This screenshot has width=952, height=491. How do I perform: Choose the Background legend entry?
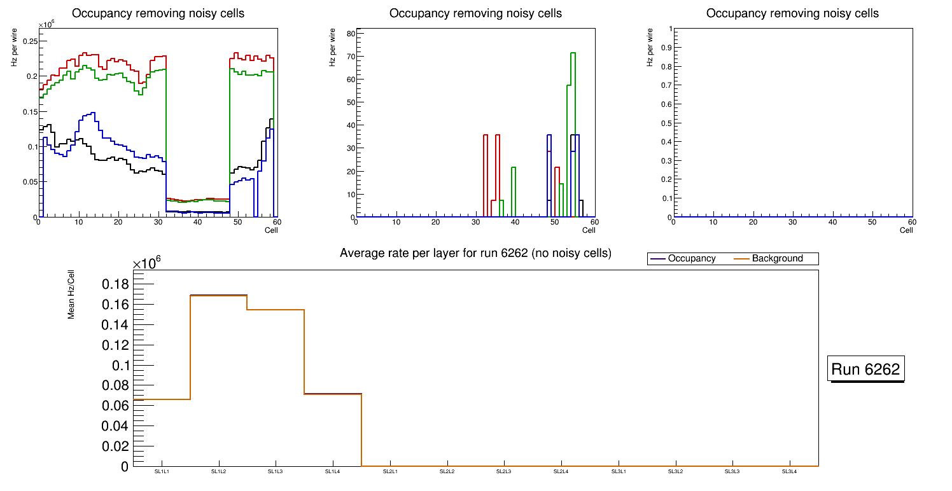(x=777, y=259)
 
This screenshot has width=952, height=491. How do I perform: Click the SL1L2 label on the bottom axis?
(x=219, y=471)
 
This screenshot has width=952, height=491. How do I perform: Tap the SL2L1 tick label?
(x=390, y=471)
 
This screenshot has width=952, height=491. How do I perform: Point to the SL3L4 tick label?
(x=789, y=471)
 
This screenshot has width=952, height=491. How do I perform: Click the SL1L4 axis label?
(x=333, y=471)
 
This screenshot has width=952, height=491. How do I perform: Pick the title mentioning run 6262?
(x=475, y=253)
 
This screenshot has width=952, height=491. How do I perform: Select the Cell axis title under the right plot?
(x=906, y=230)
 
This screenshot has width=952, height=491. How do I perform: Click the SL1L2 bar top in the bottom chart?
(x=219, y=296)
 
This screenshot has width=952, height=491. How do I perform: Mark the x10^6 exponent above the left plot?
(x=47, y=24)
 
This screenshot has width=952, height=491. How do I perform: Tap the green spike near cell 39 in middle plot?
(x=514, y=168)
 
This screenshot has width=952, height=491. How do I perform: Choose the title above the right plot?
(x=792, y=13)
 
